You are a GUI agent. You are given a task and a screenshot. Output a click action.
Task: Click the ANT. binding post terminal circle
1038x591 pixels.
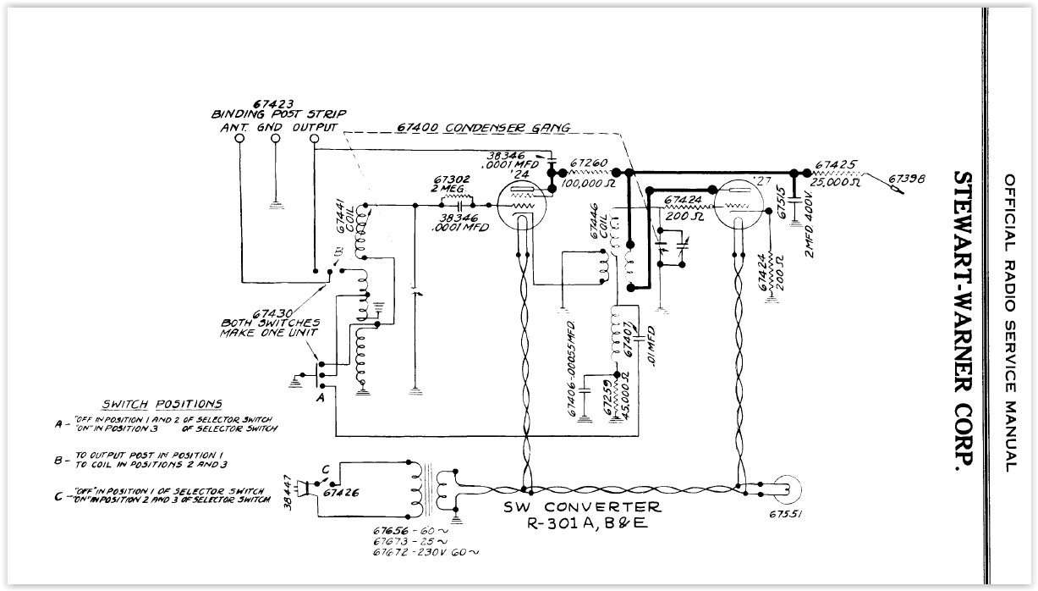(x=241, y=141)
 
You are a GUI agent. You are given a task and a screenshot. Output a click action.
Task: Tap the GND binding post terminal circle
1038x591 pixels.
(x=276, y=141)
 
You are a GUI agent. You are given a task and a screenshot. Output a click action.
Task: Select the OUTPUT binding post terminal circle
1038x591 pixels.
(x=315, y=141)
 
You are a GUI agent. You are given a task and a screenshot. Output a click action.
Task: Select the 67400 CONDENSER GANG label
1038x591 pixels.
(x=483, y=128)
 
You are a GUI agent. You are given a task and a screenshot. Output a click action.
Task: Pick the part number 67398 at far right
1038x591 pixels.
(x=906, y=179)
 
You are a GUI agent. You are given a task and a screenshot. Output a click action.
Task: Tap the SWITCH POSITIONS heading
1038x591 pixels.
(x=162, y=404)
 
